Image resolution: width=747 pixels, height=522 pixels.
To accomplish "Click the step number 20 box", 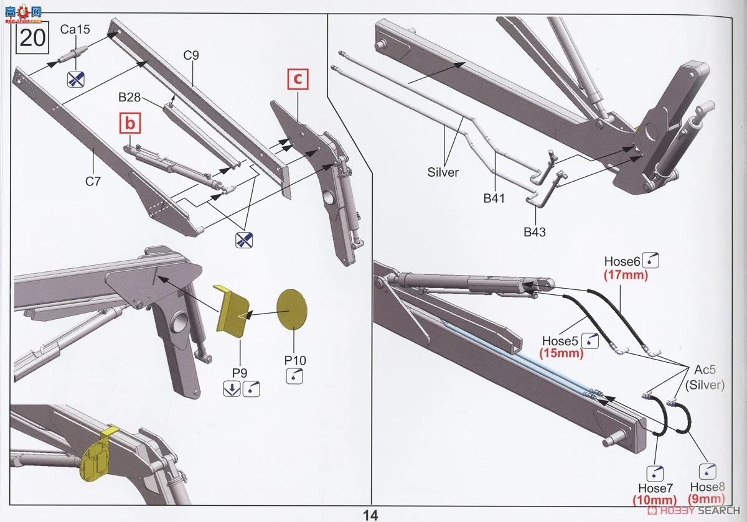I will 32,38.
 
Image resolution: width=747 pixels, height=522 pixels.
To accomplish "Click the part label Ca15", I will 75,29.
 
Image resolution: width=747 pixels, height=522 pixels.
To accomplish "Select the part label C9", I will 191,55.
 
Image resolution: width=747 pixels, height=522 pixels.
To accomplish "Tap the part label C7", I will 93,182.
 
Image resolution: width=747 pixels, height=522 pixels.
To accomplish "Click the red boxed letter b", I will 129,124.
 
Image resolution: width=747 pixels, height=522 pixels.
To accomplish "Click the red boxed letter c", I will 298,80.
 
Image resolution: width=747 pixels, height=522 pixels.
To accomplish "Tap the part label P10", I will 295,360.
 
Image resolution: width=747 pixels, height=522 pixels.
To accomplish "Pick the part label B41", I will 494,199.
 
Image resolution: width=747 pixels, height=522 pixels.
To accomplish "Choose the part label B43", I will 535,231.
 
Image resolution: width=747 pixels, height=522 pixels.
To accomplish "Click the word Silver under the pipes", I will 443,172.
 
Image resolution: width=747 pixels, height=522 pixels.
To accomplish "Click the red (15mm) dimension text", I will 561,353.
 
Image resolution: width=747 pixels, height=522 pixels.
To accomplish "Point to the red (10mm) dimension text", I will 655,500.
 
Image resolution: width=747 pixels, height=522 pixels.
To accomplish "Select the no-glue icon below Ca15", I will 75,78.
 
